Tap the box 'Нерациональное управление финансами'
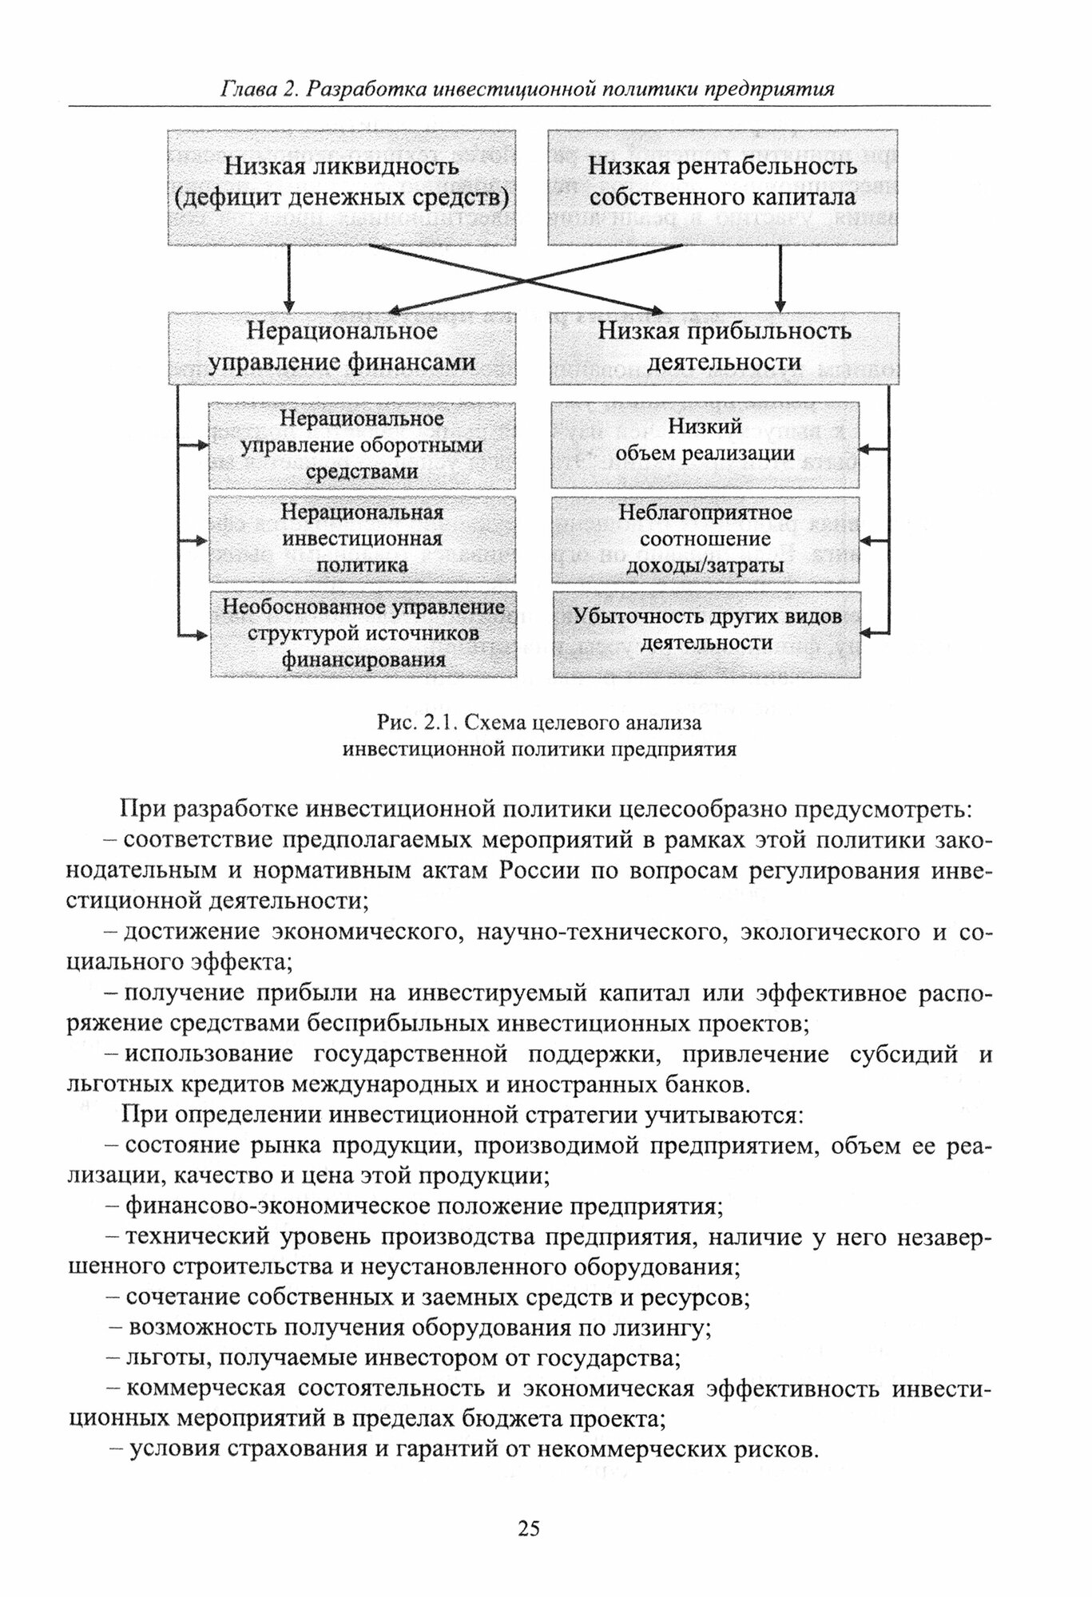pyautogui.click(x=342, y=347)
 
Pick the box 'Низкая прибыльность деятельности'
pyautogui.click(x=724, y=347)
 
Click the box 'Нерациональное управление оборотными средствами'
pyautogui.click(x=362, y=445)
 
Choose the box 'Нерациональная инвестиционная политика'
pyautogui.click(x=362, y=538)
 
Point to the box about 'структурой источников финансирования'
pyautogui.click(x=363, y=633)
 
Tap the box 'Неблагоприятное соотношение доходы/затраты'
pyautogui.click(x=705, y=538)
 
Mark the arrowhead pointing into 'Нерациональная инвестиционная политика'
pyautogui.click(x=203, y=541)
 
